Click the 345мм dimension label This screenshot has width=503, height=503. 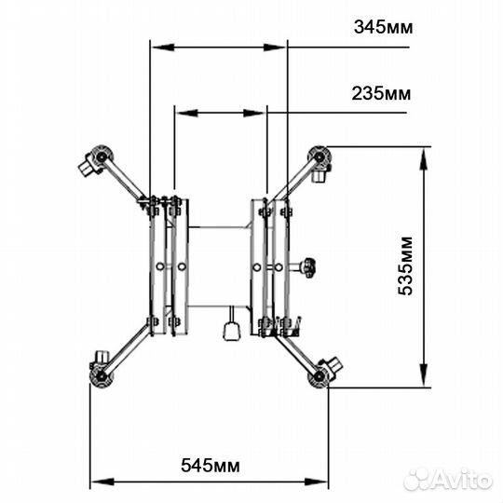(x=384, y=27)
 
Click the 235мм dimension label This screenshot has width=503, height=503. (x=381, y=94)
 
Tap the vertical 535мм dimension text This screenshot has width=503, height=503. (x=405, y=265)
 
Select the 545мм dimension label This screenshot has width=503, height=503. (x=211, y=466)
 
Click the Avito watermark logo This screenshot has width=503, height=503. (x=448, y=480)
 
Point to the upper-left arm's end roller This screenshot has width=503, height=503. (x=102, y=156)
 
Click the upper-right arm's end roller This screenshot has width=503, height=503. (x=319, y=156)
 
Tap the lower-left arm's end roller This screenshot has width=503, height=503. (x=102, y=376)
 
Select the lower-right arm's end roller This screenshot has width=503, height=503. (x=319, y=376)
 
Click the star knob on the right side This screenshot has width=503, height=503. (x=308, y=267)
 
